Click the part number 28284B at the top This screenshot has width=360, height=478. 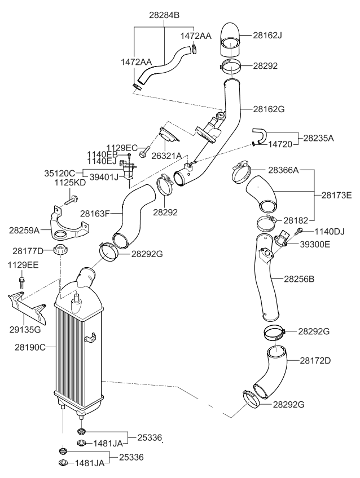click(164, 15)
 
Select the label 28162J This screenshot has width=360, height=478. click(267, 35)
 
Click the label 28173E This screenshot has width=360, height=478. click(336, 195)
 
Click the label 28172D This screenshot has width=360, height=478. click(315, 359)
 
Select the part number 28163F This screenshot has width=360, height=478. click(95, 214)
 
